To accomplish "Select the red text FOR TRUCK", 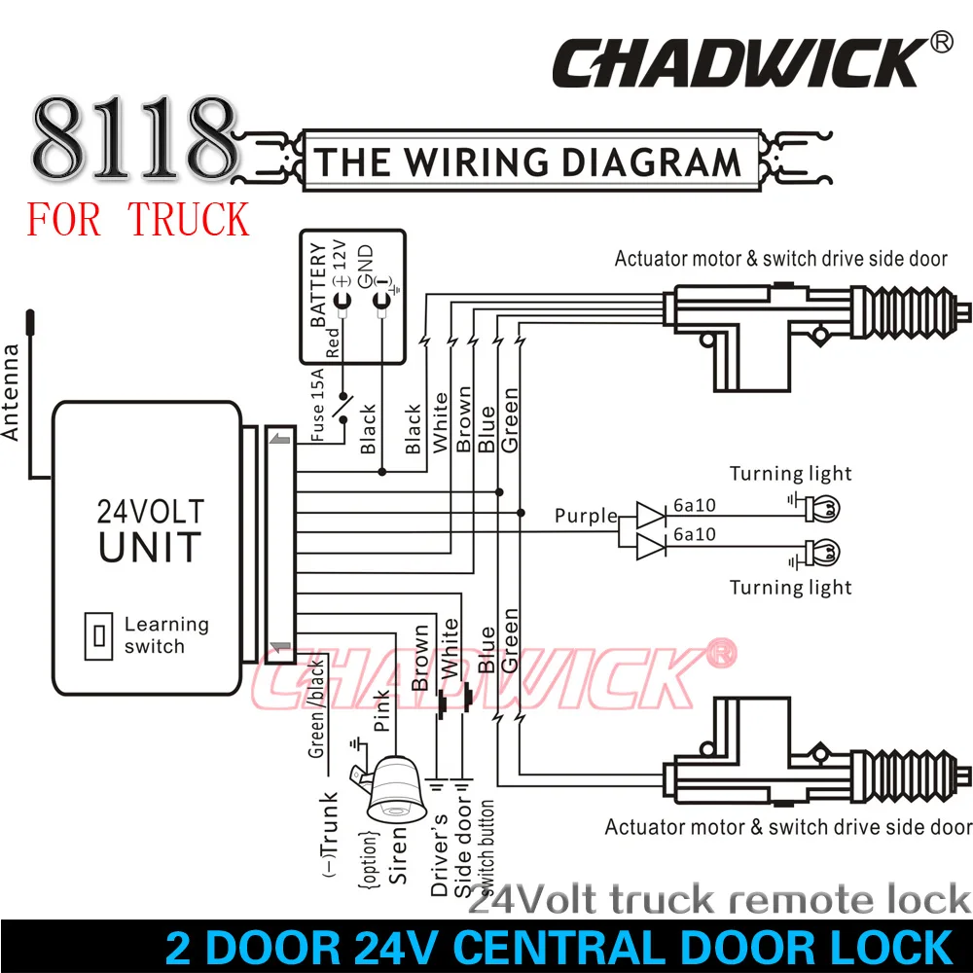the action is coord(138,220).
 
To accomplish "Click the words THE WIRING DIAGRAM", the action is coord(527,162).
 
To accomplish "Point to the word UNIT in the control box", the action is coord(150,547).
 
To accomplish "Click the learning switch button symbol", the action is coord(98,635).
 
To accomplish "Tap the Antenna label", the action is coord(11,392).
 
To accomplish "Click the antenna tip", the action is coord(30,312).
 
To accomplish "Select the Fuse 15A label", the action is coord(317,405).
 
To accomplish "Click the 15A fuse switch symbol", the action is coord(342,408).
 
